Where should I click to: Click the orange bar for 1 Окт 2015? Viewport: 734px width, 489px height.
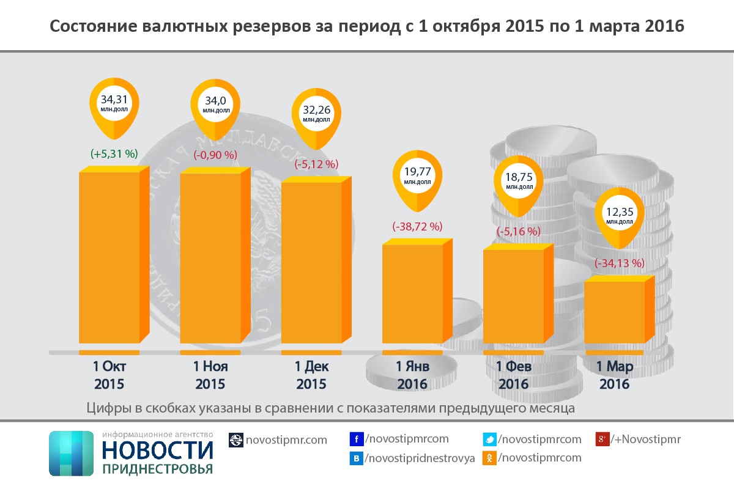tap(109, 257)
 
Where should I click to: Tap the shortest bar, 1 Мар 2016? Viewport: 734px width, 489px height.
tap(615, 312)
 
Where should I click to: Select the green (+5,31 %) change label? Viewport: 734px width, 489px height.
tap(114, 155)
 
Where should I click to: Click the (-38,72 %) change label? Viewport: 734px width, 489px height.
tap(417, 226)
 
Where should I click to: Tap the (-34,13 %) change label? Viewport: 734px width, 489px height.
tap(620, 263)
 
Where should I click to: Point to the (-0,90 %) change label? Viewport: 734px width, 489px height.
tap(215, 155)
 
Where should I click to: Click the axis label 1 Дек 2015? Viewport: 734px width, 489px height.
tap(311, 375)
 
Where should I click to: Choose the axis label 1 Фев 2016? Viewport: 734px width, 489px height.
tap(513, 375)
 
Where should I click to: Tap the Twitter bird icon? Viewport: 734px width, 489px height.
tap(490, 439)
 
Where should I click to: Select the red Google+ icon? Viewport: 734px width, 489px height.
tap(602, 439)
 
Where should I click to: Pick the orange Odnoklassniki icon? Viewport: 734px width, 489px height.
tap(490, 457)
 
